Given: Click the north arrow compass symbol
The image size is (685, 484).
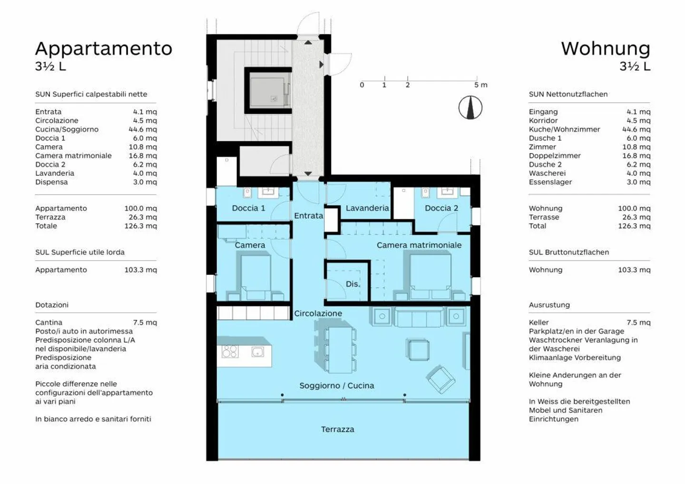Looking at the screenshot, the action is pyautogui.click(x=470, y=107).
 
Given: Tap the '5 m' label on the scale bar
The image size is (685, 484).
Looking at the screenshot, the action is pyautogui.click(x=481, y=85).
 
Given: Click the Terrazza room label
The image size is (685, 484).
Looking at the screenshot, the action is pyautogui.click(x=338, y=429).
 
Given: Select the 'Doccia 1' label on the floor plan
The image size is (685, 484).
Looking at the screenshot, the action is pyautogui.click(x=248, y=208).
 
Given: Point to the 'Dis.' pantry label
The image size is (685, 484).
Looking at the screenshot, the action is pyautogui.click(x=352, y=284).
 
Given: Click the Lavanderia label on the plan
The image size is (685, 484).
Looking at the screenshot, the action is pyautogui.click(x=367, y=208).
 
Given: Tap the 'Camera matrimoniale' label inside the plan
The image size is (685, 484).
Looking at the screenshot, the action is pyautogui.click(x=419, y=245).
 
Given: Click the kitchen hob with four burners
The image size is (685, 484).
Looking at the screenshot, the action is pyautogui.click(x=230, y=351).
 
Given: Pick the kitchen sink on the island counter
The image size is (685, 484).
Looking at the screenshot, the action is pyautogui.click(x=257, y=352).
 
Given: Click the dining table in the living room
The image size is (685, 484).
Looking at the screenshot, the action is pyautogui.click(x=341, y=350).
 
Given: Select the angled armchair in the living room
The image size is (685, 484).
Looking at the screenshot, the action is pyautogui.click(x=440, y=380).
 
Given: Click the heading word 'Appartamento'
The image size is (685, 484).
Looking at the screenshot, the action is pyautogui.click(x=104, y=48).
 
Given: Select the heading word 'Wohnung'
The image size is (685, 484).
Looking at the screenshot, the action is pyautogui.click(x=606, y=48).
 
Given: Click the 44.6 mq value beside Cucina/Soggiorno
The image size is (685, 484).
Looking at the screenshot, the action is pyautogui.click(x=143, y=129).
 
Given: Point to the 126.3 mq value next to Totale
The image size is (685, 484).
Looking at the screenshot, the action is pyautogui.click(x=140, y=226).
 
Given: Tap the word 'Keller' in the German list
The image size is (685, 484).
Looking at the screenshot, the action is pyautogui.click(x=538, y=322).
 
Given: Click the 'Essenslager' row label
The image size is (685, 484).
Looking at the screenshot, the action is pyautogui.click(x=550, y=182).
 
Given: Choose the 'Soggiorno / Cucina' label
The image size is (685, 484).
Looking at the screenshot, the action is pyautogui.click(x=337, y=386).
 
